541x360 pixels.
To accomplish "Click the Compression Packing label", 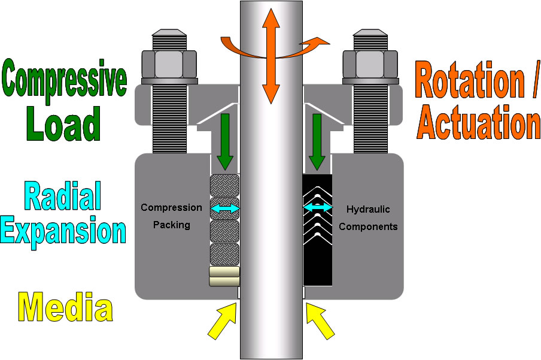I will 171,216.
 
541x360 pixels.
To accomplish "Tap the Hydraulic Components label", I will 368,218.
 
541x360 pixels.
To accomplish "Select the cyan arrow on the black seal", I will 318,207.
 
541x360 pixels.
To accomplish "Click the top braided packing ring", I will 225,184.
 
